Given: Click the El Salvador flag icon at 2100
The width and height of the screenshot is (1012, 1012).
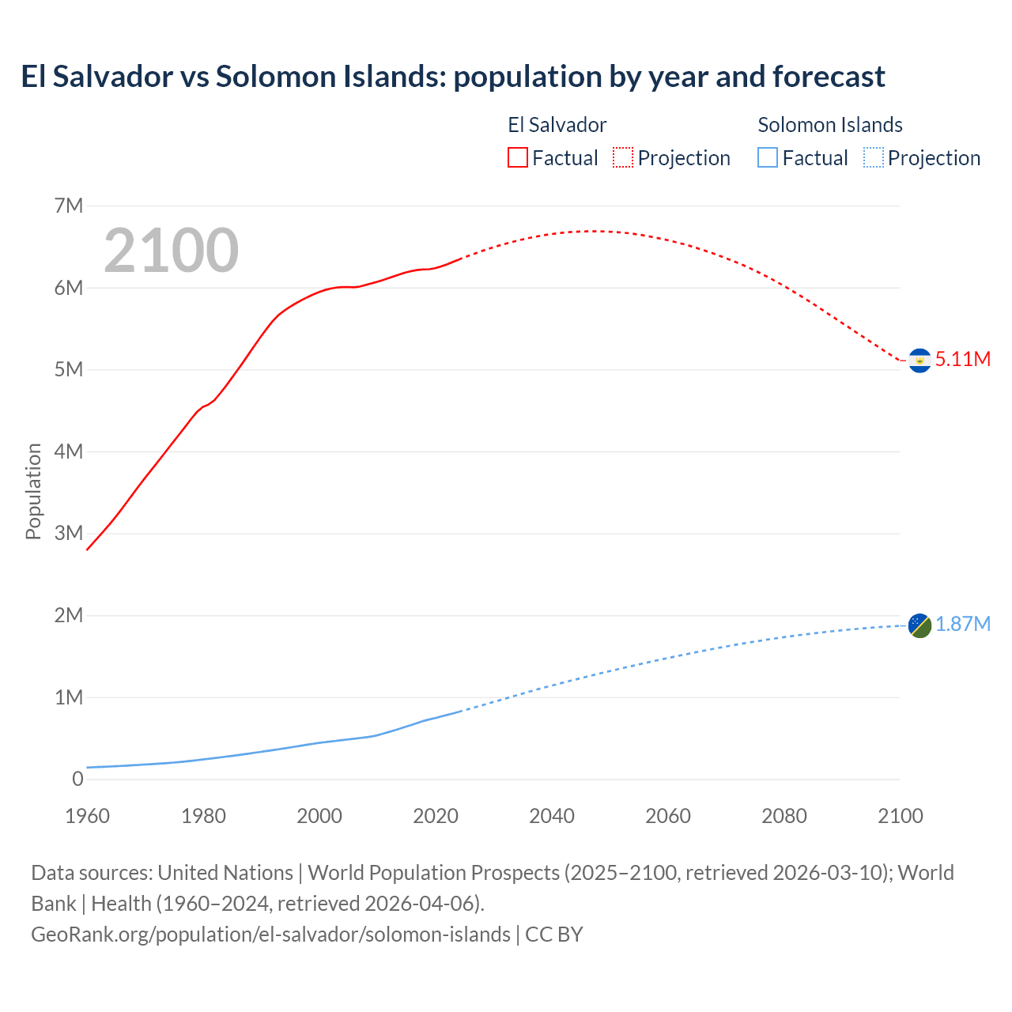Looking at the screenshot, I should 919,361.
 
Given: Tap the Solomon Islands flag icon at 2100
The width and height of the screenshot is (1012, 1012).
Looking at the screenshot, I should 919,625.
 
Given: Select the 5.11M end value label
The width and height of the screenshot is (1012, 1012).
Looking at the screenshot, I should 963,359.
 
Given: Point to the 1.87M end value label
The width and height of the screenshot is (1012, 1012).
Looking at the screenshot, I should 963,625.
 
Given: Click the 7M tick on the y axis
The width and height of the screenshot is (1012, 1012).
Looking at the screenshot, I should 69,206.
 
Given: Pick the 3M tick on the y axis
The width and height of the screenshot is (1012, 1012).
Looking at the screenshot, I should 69,533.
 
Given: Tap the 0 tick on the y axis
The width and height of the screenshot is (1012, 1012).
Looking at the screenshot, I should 77,779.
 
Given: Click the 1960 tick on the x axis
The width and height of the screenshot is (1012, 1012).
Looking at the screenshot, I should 88,816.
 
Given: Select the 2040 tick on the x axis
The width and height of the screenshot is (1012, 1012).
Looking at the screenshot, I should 552,816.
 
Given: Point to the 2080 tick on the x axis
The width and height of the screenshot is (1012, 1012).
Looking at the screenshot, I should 784,816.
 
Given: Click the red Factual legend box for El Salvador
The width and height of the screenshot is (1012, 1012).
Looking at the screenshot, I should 518,158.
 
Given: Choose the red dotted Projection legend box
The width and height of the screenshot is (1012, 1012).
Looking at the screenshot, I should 623,158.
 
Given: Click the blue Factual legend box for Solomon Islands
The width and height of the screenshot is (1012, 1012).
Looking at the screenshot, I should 768,158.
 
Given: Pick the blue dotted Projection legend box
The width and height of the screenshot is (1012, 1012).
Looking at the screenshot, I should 874,158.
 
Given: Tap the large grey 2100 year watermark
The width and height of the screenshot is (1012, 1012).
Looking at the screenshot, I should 171,251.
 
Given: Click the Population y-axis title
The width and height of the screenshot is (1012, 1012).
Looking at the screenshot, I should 33,491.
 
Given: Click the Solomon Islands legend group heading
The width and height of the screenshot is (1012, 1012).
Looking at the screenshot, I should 830,125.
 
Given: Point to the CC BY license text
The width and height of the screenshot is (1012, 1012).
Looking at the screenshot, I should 554,934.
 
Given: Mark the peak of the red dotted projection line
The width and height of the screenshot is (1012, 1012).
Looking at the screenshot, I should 589,231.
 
